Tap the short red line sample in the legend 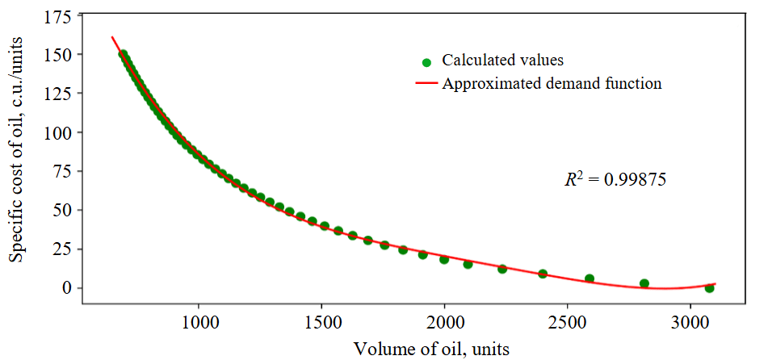(426, 83)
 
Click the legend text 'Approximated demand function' (552, 83)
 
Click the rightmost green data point (709, 287)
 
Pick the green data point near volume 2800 (644, 283)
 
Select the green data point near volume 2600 (590, 278)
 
